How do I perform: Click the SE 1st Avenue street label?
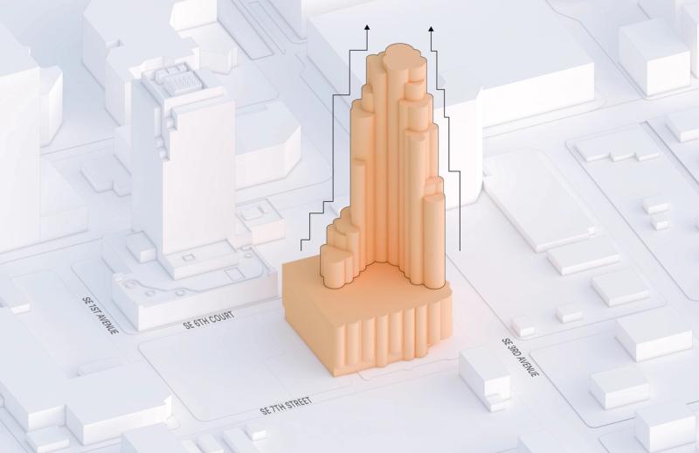point(100,315)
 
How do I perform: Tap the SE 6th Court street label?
point(209,320)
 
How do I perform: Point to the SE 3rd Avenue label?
point(520,357)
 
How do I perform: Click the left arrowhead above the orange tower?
point(367,27)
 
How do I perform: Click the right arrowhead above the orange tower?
point(431,30)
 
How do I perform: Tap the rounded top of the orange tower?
point(399,57)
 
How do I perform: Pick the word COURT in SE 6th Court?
point(221,317)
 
